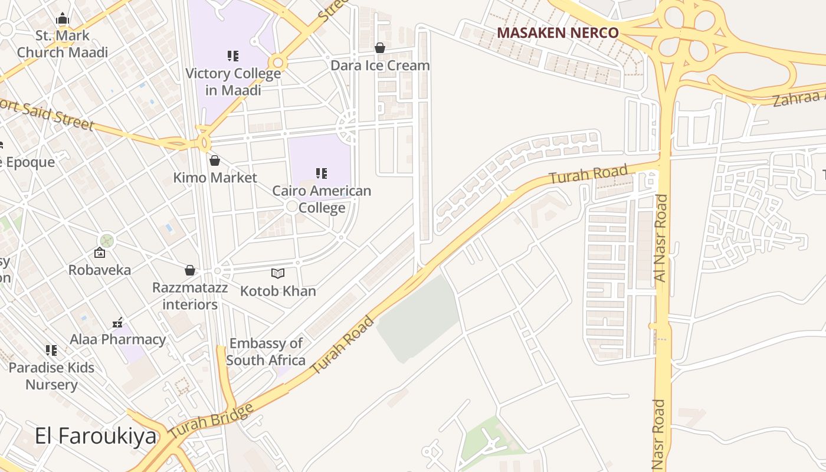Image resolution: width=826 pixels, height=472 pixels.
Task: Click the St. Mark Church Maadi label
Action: point(62,44)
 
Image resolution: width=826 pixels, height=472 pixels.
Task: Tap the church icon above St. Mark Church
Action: point(63,19)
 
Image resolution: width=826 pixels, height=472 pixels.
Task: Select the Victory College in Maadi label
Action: point(233,81)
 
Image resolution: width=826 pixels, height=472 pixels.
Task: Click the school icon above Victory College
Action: point(233,56)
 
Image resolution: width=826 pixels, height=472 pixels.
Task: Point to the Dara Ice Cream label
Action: point(380,65)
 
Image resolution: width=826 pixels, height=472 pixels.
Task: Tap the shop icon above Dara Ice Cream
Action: point(380,48)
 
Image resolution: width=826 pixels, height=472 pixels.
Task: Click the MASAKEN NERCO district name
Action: point(558,33)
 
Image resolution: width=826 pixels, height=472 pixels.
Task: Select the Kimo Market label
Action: point(215,178)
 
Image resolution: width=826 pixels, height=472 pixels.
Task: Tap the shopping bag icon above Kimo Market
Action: point(215,160)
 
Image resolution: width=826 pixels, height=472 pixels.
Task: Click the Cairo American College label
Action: point(322,199)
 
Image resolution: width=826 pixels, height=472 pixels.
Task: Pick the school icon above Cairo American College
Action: point(322,173)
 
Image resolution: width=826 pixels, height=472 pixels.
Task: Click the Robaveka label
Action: point(100,270)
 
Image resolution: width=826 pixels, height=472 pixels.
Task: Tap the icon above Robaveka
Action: point(100,253)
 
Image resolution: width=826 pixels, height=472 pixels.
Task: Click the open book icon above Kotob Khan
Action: point(278,273)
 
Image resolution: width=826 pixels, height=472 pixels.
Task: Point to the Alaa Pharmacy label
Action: point(118,339)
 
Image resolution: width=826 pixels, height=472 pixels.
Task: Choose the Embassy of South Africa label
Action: point(265,352)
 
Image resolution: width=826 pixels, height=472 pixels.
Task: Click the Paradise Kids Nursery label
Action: point(51,376)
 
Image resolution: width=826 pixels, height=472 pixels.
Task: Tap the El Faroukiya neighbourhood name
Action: point(96,437)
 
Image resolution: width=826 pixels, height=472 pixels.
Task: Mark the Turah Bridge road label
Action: point(211,421)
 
